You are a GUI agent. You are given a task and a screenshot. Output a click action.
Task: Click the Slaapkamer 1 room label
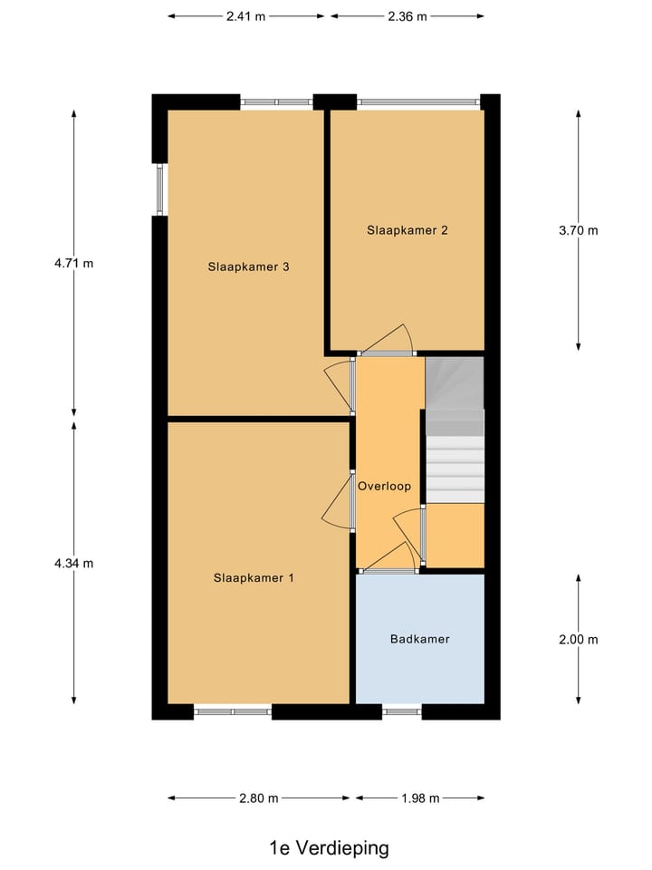[x=254, y=577]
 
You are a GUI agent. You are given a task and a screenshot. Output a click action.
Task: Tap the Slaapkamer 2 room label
[x=407, y=230]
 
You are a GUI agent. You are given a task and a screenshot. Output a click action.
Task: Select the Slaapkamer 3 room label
[x=248, y=266]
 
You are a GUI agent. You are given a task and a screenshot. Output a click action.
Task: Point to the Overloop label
[x=384, y=486]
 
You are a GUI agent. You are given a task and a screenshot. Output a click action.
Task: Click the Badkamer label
[x=419, y=639]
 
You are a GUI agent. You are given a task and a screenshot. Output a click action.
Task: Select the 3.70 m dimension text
[x=579, y=230]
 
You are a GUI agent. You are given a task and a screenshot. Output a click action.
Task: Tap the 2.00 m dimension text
[x=579, y=639]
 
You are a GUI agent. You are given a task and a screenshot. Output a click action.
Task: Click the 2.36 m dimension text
[x=407, y=16]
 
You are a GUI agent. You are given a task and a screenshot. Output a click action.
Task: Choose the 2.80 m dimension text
[x=259, y=797]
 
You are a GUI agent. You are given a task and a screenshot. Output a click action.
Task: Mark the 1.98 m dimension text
[x=419, y=797]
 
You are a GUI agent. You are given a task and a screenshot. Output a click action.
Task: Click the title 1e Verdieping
[x=329, y=848]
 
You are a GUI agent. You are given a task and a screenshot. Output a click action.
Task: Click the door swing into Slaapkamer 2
[x=391, y=341]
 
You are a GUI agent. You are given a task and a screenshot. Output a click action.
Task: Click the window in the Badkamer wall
[x=401, y=712]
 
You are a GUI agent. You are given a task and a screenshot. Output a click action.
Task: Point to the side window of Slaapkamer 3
[x=161, y=189]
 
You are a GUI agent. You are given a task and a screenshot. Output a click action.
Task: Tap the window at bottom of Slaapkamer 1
[x=233, y=712]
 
